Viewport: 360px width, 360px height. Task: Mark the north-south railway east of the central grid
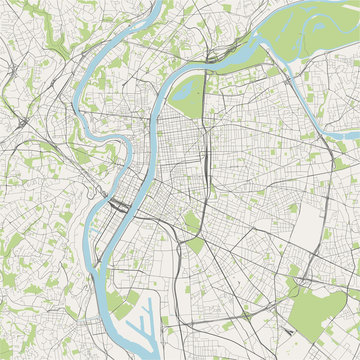[204, 170]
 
